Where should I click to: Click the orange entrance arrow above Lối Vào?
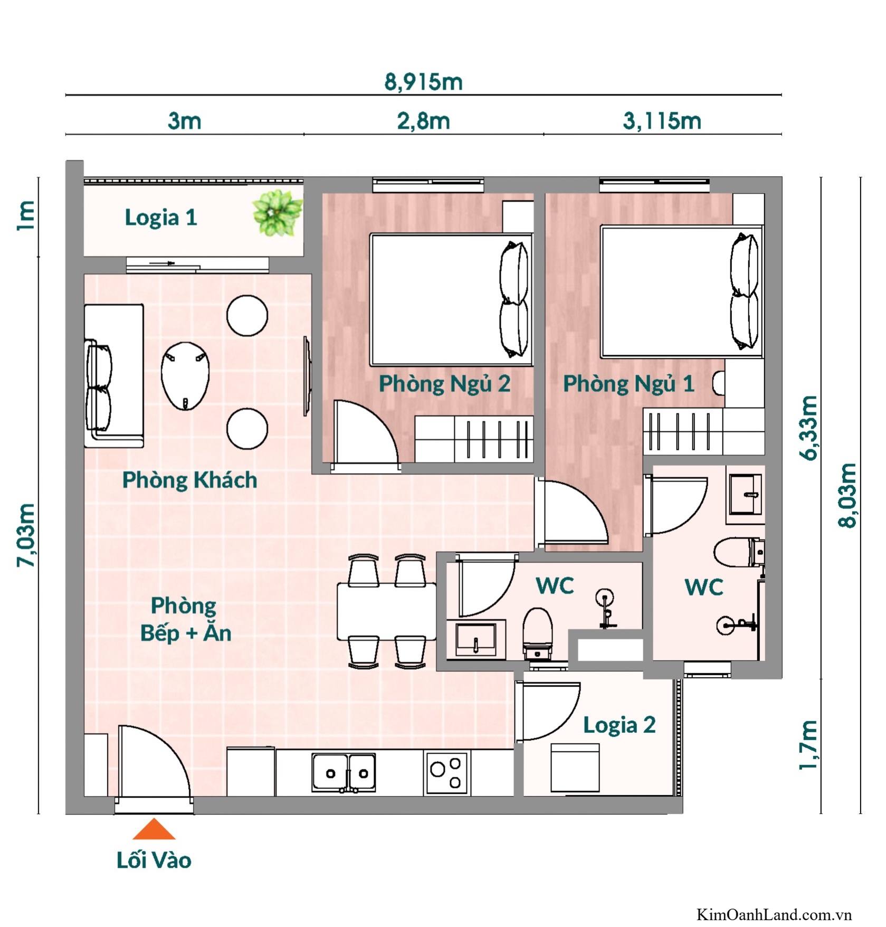point(154,830)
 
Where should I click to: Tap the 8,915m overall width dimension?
point(423,82)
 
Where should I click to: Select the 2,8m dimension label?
point(423,121)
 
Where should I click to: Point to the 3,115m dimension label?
point(662,121)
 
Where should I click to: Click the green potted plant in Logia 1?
point(277,213)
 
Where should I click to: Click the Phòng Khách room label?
point(189,480)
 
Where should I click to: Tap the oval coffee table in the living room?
point(185,376)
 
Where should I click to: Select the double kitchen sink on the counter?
point(344,773)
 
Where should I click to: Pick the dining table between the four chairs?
point(386,611)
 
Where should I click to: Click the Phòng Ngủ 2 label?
point(444,384)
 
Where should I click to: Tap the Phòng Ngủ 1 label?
point(628,384)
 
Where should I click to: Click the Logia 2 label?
point(619,725)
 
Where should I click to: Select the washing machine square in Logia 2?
point(575,768)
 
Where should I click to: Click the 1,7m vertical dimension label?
point(809,745)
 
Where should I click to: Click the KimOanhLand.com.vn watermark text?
point(774,914)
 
